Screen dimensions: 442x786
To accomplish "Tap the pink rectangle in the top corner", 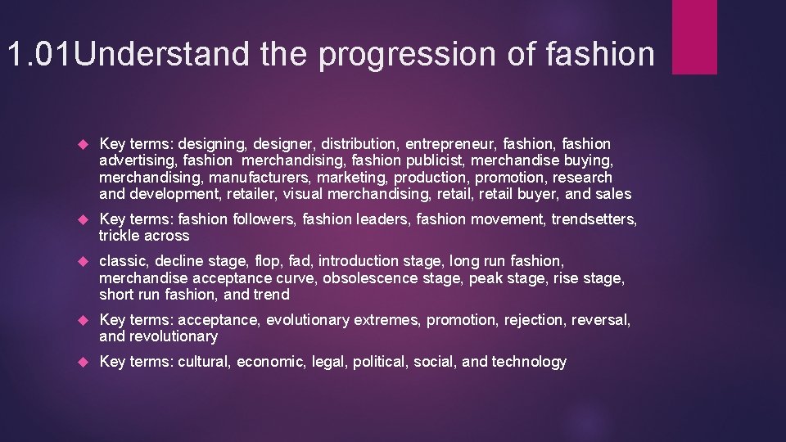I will [694, 37].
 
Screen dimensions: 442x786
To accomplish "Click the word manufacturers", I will [260, 178].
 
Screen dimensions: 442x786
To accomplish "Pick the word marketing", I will [353, 178].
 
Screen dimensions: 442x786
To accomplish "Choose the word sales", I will [613, 194].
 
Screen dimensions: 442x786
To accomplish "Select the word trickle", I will [120, 236].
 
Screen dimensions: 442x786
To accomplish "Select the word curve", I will [294, 277].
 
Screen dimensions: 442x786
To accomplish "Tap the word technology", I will [529, 362].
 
